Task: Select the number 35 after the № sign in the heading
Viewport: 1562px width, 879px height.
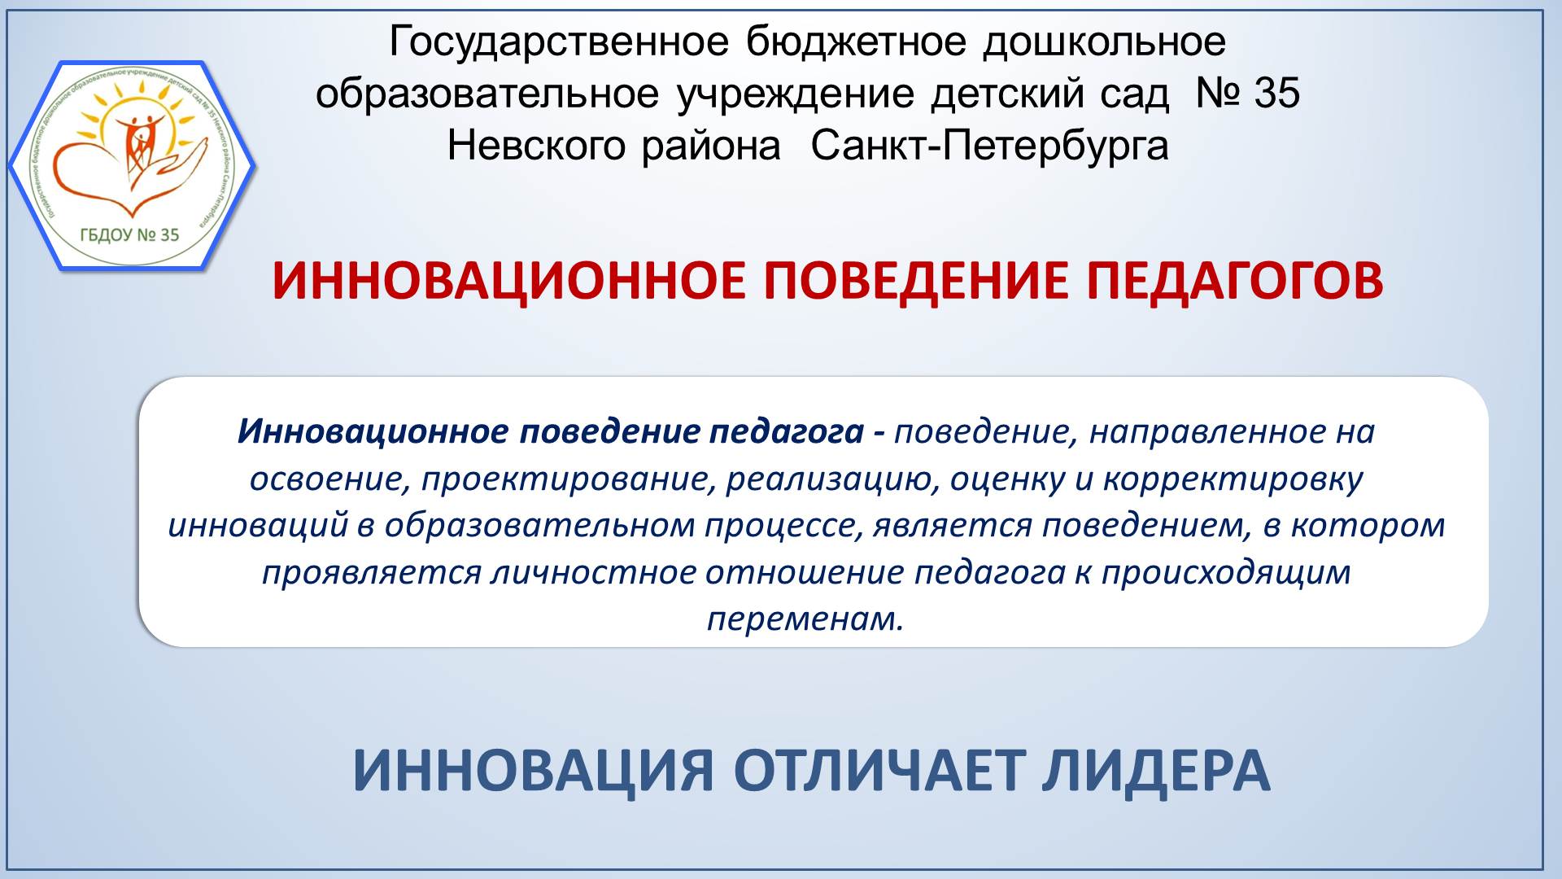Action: [1276, 94]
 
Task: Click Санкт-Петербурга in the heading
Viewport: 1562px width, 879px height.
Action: [989, 146]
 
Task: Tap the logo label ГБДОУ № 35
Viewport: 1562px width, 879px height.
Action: [129, 235]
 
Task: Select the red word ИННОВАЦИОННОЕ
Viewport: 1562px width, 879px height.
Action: [508, 282]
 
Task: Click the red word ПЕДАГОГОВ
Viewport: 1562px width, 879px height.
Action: [1234, 282]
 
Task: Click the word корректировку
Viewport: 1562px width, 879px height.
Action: [1233, 479]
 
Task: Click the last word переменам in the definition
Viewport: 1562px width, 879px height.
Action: [805, 619]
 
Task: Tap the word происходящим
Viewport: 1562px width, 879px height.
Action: [1226, 573]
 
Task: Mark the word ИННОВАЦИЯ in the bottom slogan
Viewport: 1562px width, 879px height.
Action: [533, 771]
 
